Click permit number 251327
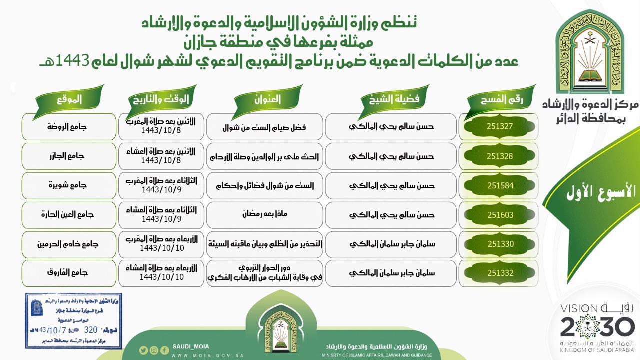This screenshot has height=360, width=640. click(500, 126)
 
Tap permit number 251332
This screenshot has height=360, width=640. click(500, 273)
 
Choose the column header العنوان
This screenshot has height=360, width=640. click(267, 99)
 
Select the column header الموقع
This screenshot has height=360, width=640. click(69, 99)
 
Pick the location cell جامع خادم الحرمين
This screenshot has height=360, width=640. click(68, 244)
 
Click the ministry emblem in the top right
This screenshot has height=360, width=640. click(590, 55)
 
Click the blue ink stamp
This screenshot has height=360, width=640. click(73, 321)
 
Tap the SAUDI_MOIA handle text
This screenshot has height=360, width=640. click(191, 347)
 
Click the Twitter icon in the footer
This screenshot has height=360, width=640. click(143, 350)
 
